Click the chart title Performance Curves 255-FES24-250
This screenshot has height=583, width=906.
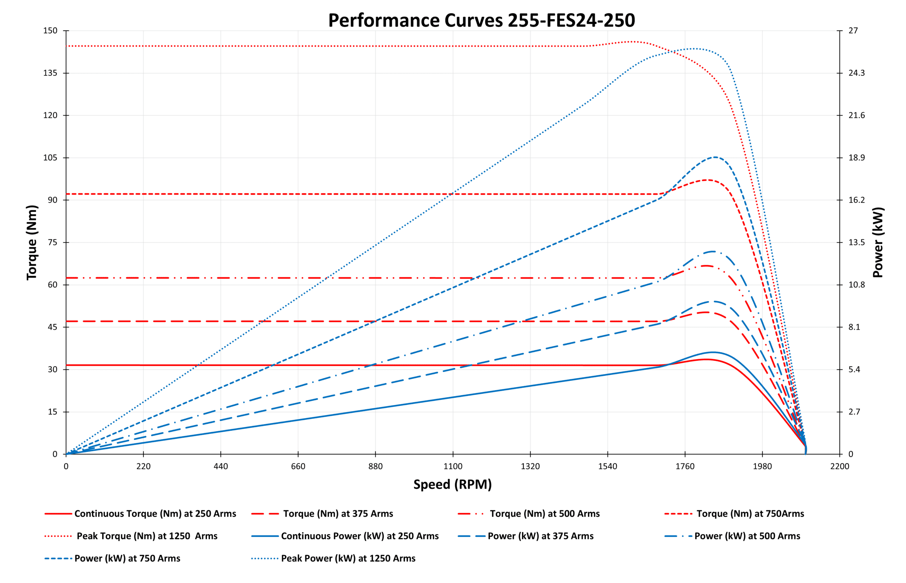481,21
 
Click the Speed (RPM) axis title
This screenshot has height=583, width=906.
452,484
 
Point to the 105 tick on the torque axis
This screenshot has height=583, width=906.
50,158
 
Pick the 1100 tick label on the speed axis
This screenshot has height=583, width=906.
453,467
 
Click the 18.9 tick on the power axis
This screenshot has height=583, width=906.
856,158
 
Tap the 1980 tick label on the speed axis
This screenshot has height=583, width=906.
762,467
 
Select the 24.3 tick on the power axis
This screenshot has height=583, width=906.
856,73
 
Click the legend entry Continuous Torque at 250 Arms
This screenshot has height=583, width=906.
155,514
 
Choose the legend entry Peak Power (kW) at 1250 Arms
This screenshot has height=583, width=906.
348,558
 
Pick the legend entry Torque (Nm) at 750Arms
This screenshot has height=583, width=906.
750,514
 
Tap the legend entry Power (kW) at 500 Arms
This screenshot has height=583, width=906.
747,536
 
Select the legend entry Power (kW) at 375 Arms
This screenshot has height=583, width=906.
540,536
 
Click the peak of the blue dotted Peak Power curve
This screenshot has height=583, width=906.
695,48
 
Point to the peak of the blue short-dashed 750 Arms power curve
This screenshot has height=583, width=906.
715,157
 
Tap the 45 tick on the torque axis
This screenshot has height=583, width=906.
53,327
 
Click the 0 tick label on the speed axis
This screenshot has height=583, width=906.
66,467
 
